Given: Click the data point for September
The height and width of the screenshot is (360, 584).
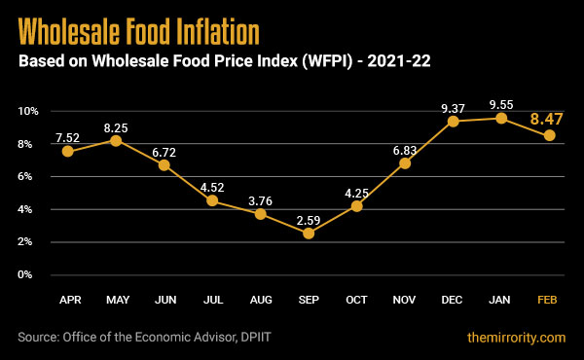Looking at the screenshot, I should point(309,233).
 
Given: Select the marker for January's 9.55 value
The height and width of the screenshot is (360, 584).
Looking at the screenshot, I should point(501,119).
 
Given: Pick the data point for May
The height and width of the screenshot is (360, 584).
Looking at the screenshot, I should point(116,140).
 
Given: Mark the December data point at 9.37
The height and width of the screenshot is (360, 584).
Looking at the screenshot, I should point(454,122).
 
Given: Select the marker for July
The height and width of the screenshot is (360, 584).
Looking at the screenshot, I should point(212,201).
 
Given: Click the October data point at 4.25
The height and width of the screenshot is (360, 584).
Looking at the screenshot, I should point(357,206).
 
